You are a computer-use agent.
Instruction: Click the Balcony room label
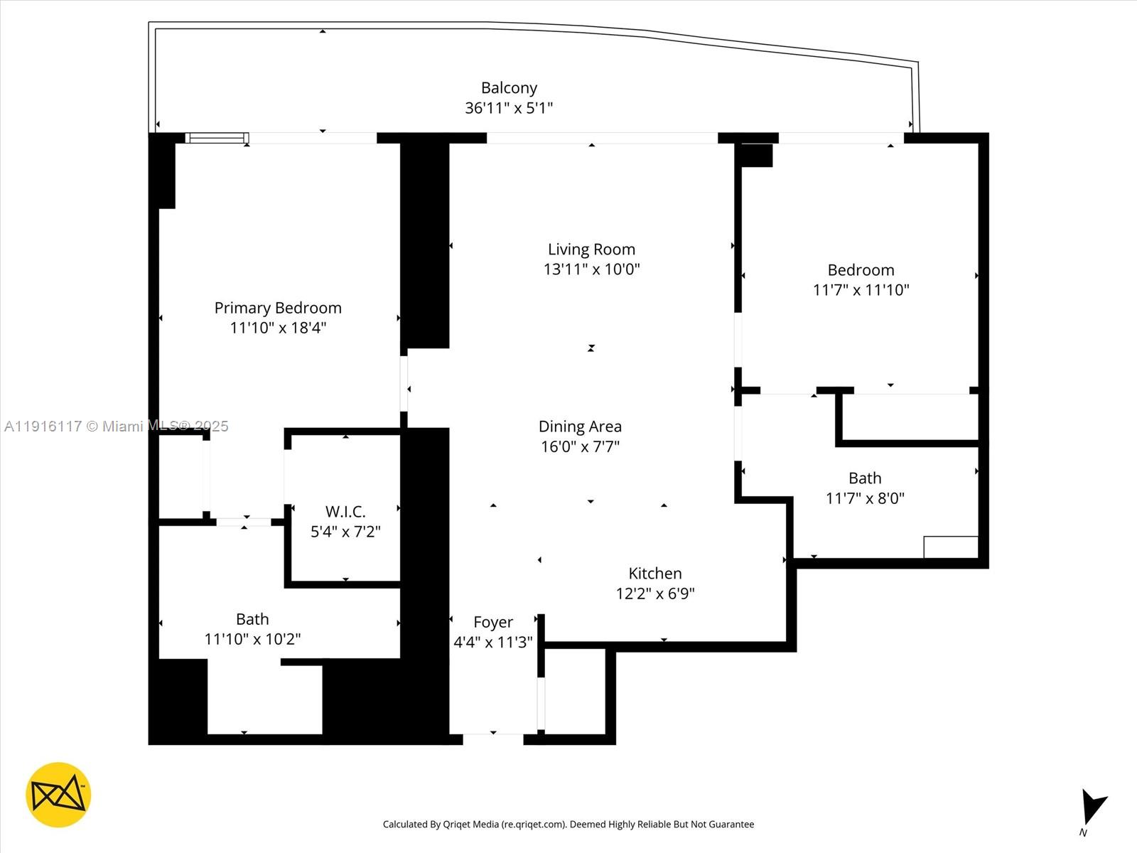[509, 88]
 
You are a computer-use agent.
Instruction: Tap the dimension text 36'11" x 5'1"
[509, 108]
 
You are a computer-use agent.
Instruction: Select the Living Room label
[591, 250]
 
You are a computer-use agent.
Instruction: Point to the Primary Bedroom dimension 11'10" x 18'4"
[278, 328]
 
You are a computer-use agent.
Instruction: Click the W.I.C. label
[345, 512]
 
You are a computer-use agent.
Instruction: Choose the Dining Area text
[580, 426]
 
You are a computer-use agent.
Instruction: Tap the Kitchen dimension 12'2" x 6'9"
[655, 594]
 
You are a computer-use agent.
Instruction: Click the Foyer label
[493, 623]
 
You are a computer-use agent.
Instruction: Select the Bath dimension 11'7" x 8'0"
[865, 498]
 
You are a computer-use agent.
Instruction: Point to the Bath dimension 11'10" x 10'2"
[252, 639]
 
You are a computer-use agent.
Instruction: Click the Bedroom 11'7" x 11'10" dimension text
[861, 290]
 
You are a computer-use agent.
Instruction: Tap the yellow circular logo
[58, 795]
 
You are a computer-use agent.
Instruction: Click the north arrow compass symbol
[1092, 807]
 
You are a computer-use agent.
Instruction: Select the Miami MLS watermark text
[117, 426]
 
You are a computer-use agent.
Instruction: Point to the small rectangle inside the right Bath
[951, 547]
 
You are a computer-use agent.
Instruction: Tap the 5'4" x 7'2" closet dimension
[345, 532]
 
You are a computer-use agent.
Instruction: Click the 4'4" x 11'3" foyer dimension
[493, 643]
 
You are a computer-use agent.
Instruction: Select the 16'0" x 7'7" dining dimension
[580, 446]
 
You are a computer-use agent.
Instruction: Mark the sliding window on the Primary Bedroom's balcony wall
[217, 138]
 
